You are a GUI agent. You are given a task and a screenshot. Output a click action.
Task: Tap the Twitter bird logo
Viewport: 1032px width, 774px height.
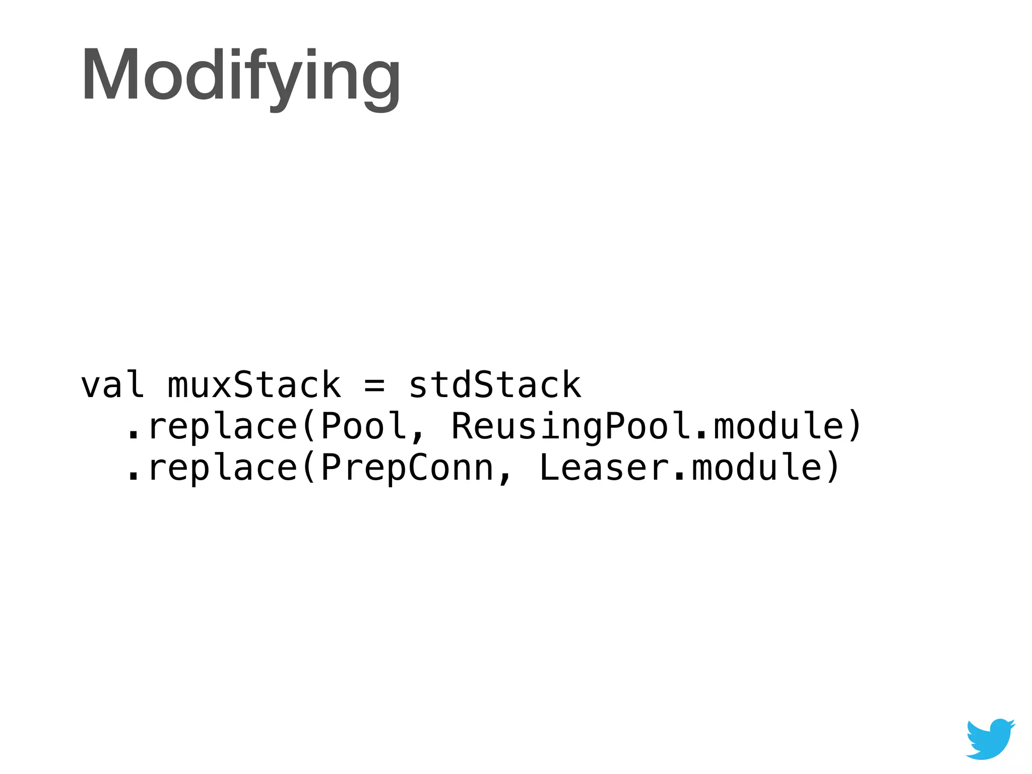tap(990, 739)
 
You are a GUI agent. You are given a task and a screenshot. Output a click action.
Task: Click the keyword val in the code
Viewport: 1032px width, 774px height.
tap(112, 385)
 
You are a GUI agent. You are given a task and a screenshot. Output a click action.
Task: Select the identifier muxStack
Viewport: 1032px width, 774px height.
tap(254, 385)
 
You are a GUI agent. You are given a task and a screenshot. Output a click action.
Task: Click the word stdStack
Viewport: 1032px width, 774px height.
tap(495, 385)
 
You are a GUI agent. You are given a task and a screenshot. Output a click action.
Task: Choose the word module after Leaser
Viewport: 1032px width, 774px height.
tap(757, 468)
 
